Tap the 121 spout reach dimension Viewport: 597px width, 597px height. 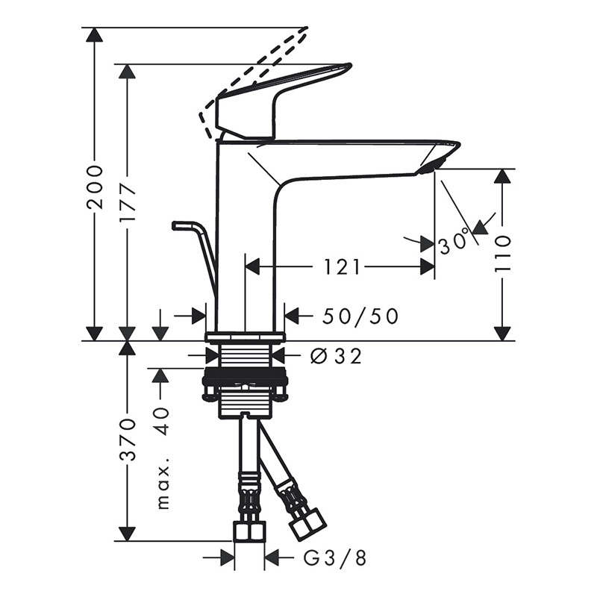point(343,267)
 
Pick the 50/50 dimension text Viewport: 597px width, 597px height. point(360,316)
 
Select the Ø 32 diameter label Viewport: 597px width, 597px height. point(335,357)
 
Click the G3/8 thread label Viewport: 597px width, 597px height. point(334,557)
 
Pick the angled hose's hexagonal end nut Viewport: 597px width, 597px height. point(307,524)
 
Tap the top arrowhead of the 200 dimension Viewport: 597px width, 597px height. point(94,34)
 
